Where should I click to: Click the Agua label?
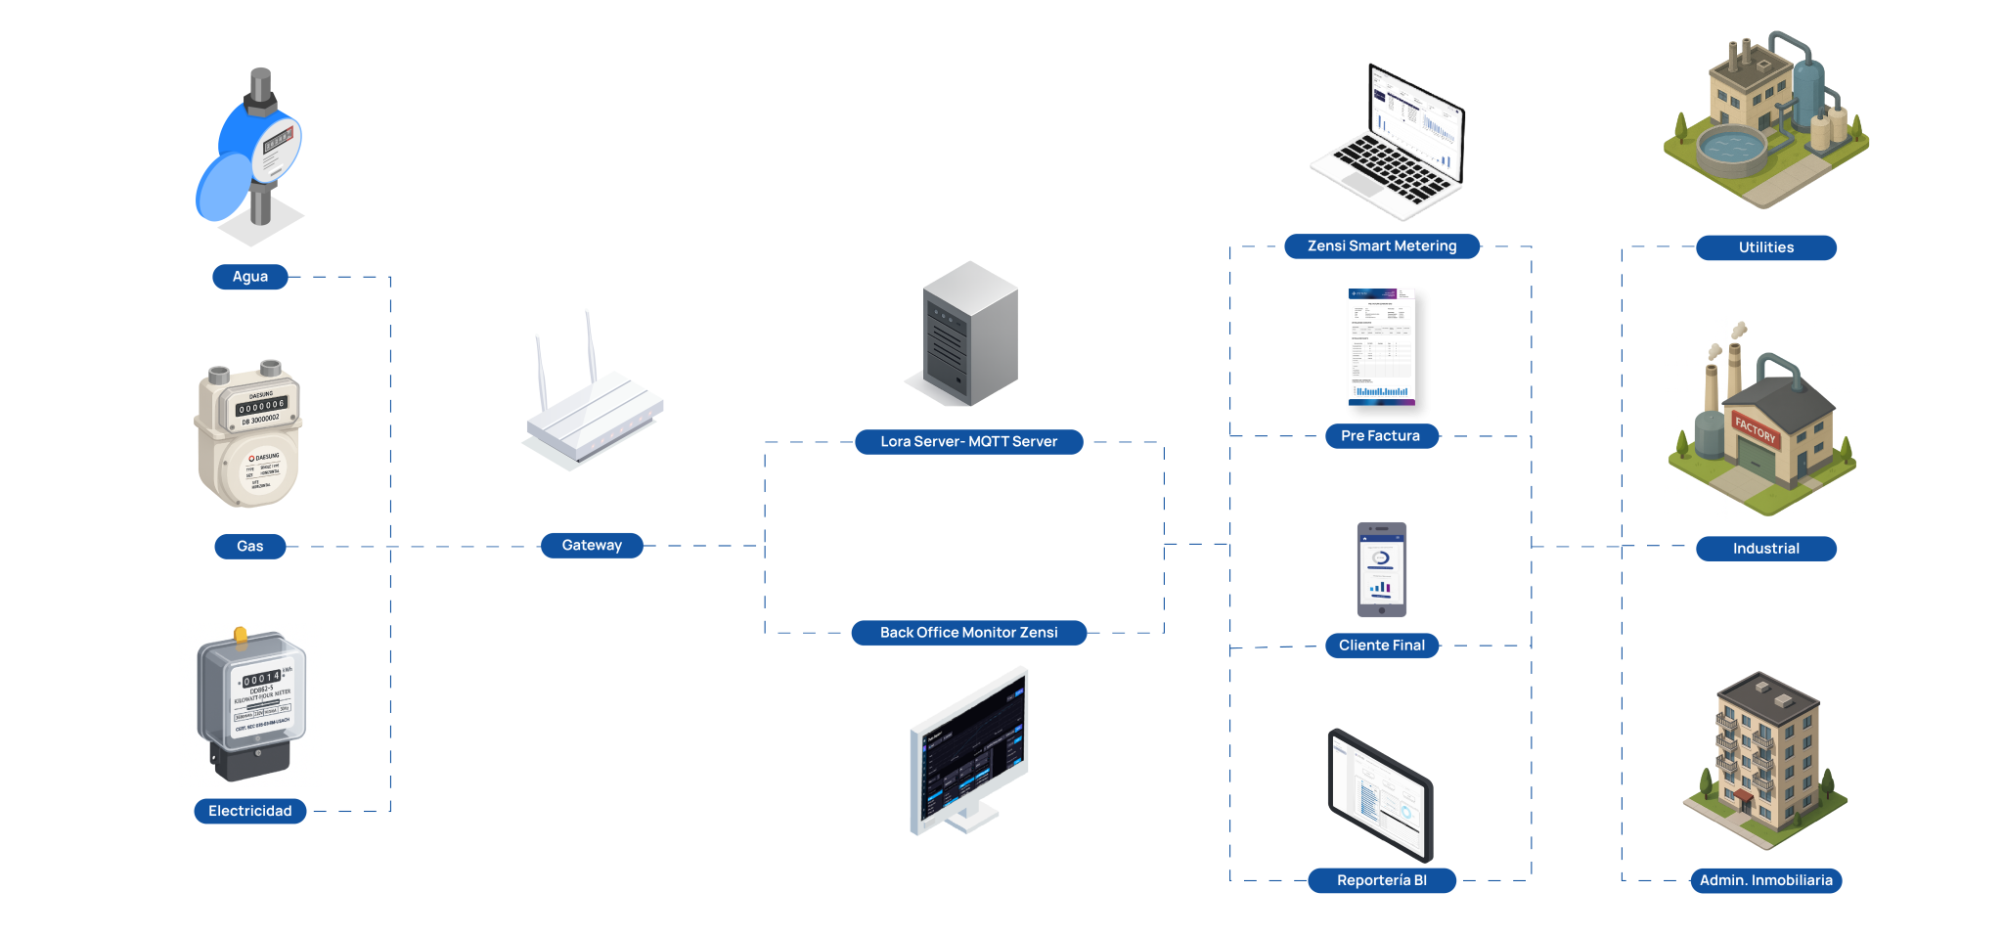[250, 277]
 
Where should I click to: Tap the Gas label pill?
[250, 547]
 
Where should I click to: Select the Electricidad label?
[250, 811]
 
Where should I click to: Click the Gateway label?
[592, 546]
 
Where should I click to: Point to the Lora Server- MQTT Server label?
[968, 442]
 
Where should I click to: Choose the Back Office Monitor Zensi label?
[968, 633]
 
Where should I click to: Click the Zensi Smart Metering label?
[1382, 246]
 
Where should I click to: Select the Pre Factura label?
[1381, 436]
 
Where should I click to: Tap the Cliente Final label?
[1381, 646]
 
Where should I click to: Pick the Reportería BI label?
[1382, 880]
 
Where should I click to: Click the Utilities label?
[1766, 247]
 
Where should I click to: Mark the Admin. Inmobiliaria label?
[1766, 880]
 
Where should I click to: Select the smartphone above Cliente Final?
[1381, 569]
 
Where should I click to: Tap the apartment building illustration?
[1766, 758]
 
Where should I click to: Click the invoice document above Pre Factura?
[1381, 346]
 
